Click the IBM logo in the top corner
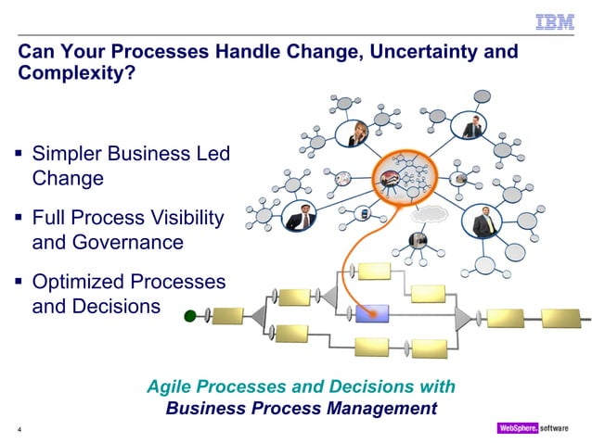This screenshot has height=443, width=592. [556, 21]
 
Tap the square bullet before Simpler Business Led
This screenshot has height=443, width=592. [19, 150]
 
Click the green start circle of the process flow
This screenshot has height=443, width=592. [191, 316]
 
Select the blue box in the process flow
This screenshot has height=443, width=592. [372, 312]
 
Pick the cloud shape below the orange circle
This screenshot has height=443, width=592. [429, 212]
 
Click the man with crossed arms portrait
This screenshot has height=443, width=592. [300, 217]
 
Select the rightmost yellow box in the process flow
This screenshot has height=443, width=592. [561, 317]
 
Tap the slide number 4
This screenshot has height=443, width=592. [19, 430]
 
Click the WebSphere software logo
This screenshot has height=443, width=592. [539, 428]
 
